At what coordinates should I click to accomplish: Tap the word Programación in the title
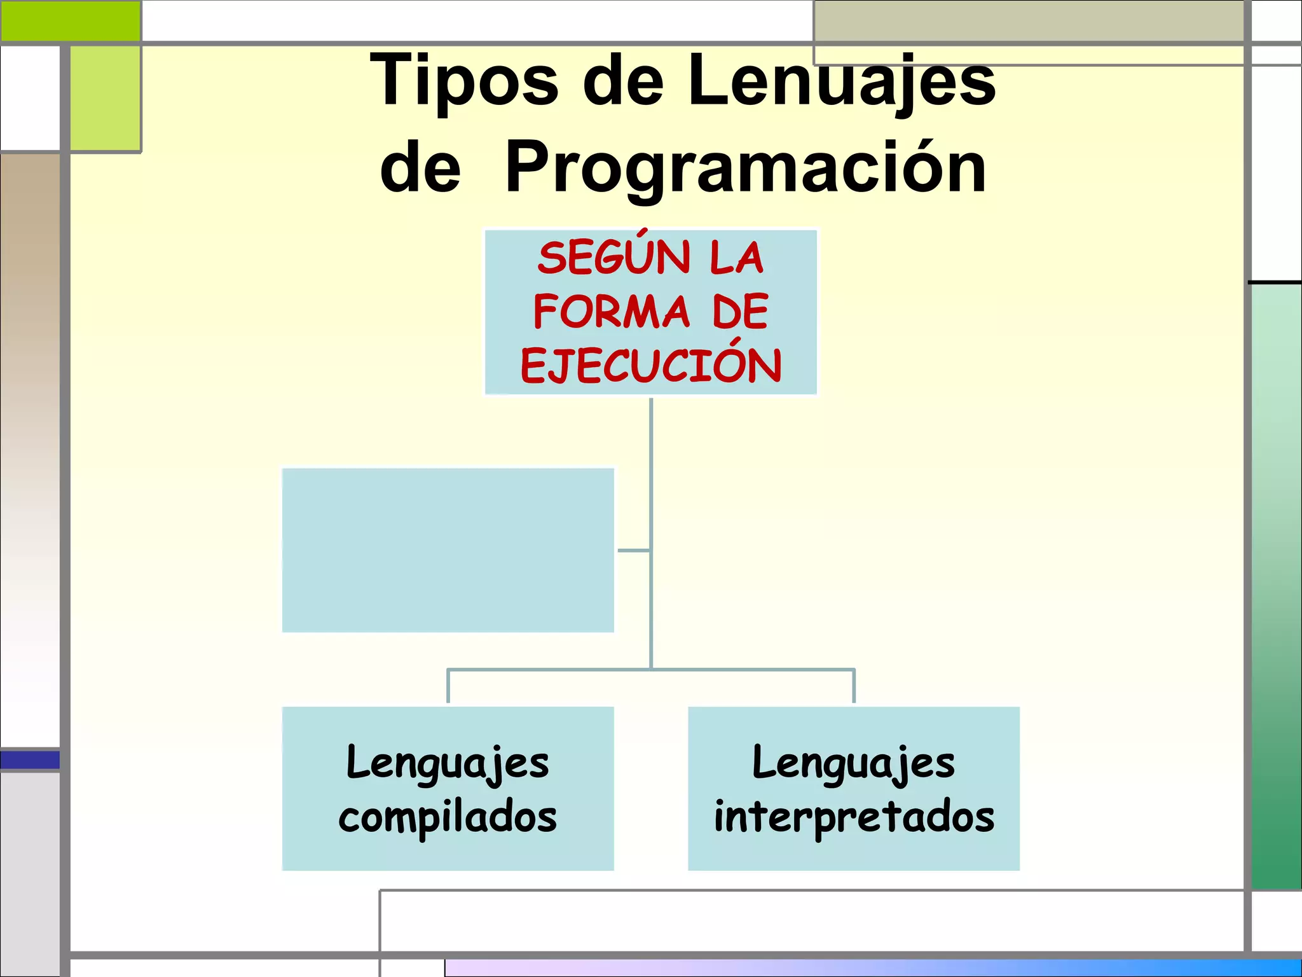pyautogui.click(x=746, y=168)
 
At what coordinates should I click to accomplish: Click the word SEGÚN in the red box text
pyautogui.click(x=613, y=258)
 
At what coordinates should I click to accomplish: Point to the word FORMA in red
pyautogui.click(x=611, y=312)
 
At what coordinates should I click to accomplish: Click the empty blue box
pyautogui.click(x=448, y=550)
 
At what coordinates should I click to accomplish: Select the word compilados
pyautogui.click(x=448, y=817)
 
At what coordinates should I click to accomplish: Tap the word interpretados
pyautogui.click(x=854, y=817)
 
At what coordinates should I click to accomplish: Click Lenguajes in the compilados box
pyautogui.click(x=448, y=763)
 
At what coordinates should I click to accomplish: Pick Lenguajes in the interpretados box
pyautogui.click(x=854, y=763)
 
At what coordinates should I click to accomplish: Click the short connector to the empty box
pyautogui.click(x=633, y=550)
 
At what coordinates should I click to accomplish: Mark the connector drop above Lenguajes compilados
pyautogui.click(x=448, y=686)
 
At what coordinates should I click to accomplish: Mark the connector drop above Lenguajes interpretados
pyautogui.click(x=854, y=686)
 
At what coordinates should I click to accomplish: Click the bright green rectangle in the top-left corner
pyautogui.click(x=70, y=21)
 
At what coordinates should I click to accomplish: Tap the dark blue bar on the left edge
pyautogui.click(x=30, y=759)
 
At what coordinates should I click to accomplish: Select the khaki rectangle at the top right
pyautogui.click(x=1028, y=22)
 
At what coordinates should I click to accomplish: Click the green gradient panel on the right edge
pyautogui.click(x=1276, y=585)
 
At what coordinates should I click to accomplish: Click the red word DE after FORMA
pyautogui.click(x=740, y=312)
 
